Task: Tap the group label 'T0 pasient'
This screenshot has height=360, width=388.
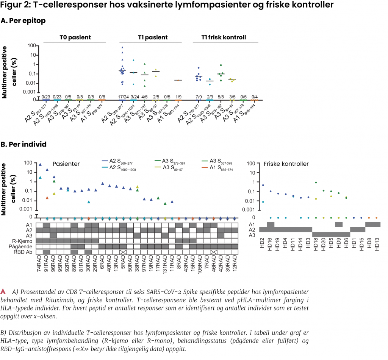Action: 75,37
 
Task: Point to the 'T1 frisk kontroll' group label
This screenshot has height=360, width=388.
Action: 224,37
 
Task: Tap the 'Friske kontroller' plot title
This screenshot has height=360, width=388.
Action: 286,164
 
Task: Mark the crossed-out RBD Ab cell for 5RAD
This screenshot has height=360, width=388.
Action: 123,252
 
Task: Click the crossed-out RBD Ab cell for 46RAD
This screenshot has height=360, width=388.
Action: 214,252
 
